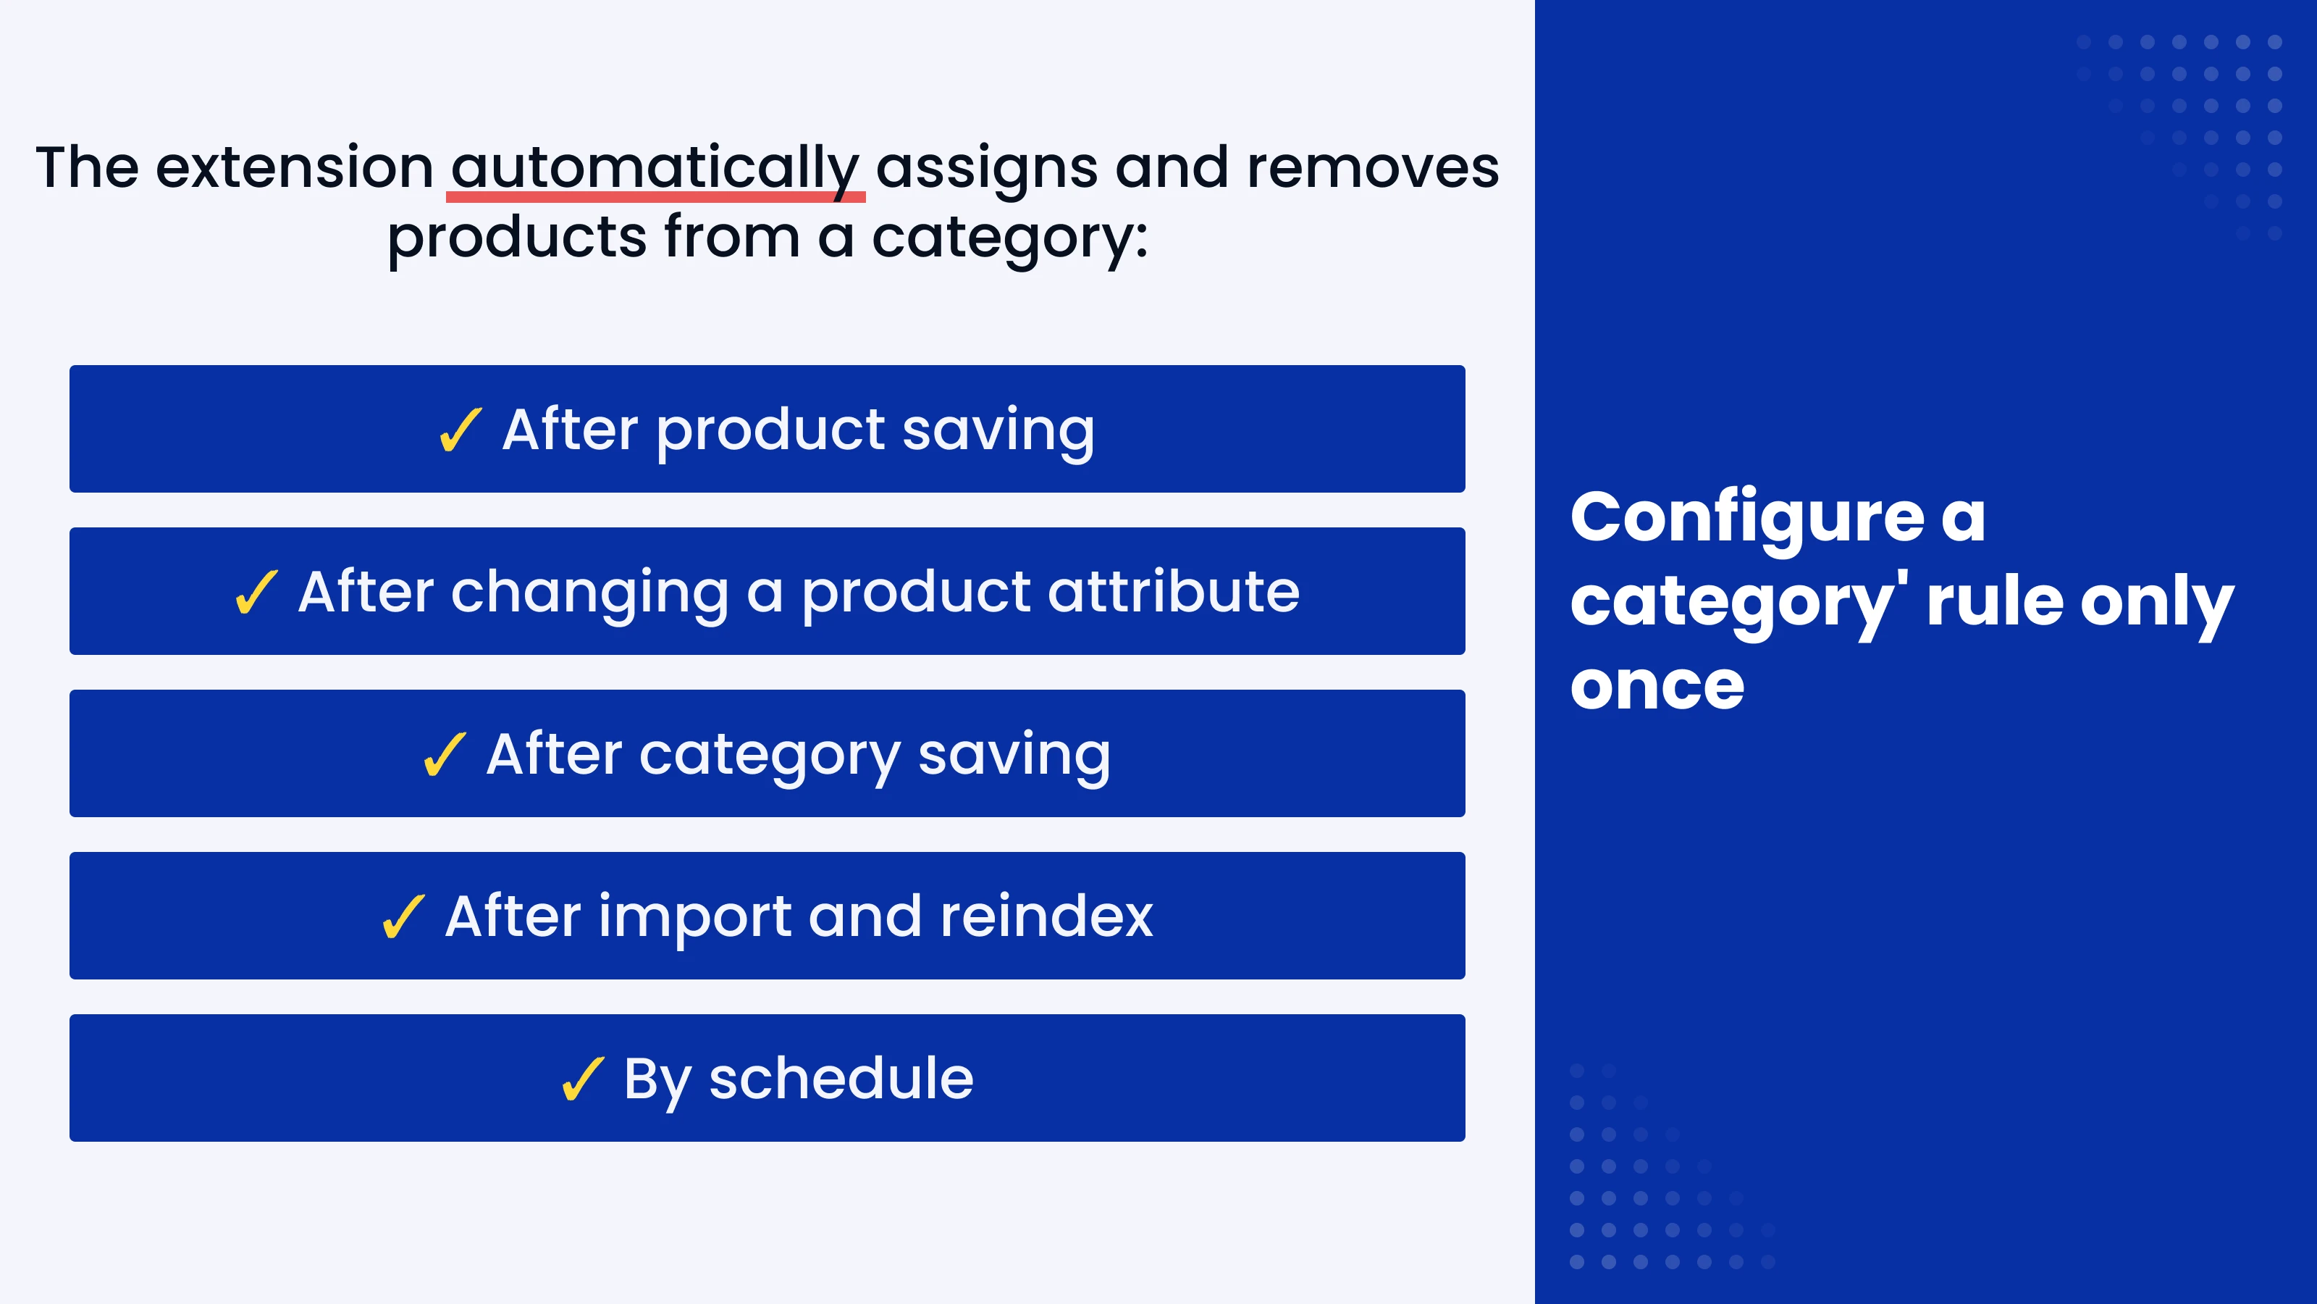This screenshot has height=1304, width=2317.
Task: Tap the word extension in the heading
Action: [x=294, y=167]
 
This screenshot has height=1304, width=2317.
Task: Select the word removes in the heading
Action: [x=1371, y=168]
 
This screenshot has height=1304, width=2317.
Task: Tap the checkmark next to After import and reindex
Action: [x=403, y=917]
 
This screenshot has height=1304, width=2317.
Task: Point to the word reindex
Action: [x=1046, y=916]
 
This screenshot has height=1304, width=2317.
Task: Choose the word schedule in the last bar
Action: [x=841, y=1078]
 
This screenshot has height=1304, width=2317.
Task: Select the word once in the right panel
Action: [x=1657, y=687]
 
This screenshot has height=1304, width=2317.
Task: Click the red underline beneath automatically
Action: [x=656, y=197]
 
